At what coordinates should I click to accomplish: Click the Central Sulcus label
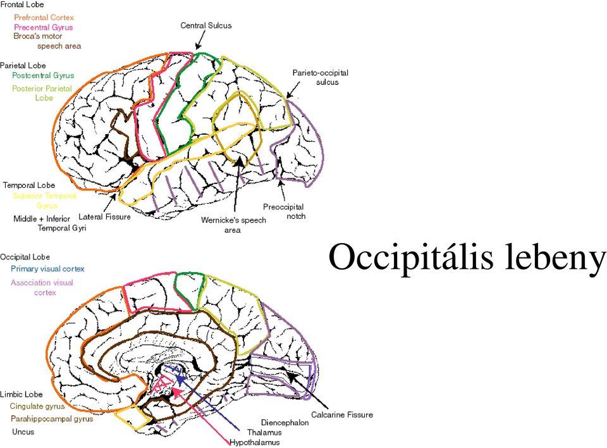point(206,25)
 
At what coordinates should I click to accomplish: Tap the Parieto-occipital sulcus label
point(320,77)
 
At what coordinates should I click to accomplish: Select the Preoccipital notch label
point(284,211)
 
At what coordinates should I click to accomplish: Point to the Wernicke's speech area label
point(233,225)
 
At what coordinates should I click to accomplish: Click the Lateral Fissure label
point(104,217)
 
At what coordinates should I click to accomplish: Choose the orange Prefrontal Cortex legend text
point(44,18)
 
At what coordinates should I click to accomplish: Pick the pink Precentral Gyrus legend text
point(44,27)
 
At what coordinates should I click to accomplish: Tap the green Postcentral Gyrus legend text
point(43,75)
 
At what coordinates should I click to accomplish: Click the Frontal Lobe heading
point(22,4)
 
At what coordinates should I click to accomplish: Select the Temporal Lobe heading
point(29,185)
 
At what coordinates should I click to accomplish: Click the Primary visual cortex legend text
point(47,269)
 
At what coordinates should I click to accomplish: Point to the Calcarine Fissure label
point(342,414)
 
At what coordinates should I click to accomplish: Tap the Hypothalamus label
point(255,442)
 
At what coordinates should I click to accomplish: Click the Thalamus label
point(264,433)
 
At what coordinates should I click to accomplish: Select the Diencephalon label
point(285,423)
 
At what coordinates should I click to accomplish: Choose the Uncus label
point(23,432)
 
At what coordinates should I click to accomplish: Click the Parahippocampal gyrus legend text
point(52,419)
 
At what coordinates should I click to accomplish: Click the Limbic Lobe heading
point(21,394)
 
